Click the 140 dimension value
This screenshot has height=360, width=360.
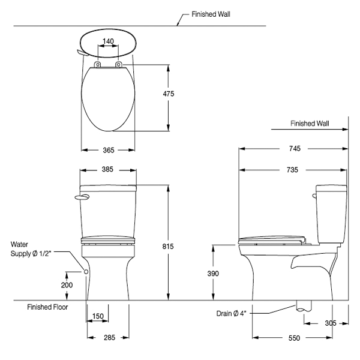point(108,41)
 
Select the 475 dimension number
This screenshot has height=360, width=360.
point(169,94)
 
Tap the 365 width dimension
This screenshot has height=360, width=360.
point(109,150)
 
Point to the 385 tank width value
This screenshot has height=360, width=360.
point(107,169)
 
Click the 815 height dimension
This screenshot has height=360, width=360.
point(168,247)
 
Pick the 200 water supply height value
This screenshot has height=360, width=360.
point(67,285)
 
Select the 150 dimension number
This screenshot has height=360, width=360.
point(98,316)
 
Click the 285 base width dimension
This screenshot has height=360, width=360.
point(109,337)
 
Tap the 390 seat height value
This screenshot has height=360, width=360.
point(213,274)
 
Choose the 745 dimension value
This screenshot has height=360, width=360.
point(295,149)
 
